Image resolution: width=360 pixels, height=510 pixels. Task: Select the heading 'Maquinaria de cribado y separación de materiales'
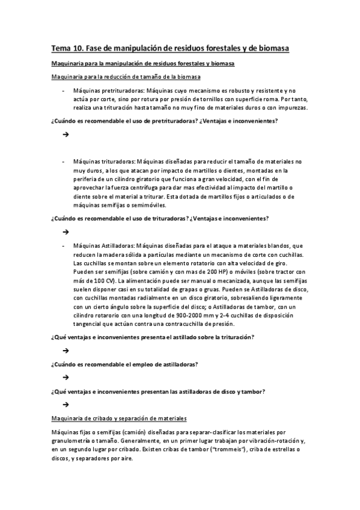pos(119,419)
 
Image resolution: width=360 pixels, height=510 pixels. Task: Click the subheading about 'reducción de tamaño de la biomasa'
pos(126,77)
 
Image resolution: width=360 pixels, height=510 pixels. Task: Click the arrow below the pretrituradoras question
pos(64,135)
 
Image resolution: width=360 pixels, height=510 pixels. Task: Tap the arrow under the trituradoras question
pos(64,232)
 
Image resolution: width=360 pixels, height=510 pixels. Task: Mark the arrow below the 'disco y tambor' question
pos(64,405)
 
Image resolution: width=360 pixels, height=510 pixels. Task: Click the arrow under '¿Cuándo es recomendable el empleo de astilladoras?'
pos(64,378)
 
